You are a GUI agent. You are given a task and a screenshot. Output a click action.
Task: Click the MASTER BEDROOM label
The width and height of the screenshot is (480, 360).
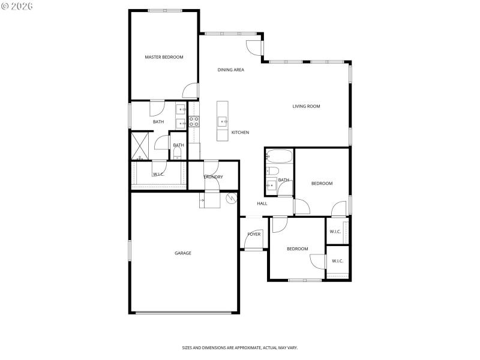(x=164, y=57)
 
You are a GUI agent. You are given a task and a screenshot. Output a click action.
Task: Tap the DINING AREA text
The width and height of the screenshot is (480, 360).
(x=230, y=70)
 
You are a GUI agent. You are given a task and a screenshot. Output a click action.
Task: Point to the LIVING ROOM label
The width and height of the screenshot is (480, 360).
(x=306, y=106)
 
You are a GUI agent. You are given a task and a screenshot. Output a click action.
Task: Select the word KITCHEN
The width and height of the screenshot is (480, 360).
(x=240, y=133)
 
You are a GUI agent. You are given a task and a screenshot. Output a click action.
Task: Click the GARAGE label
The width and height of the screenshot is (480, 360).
(x=183, y=253)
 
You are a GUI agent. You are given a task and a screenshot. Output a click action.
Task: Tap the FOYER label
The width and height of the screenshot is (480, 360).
(x=254, y=234)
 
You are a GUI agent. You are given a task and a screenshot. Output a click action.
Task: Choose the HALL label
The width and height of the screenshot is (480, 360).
(x=262, y=204)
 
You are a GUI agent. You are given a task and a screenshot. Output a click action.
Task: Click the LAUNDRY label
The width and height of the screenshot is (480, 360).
(x=213, y=177)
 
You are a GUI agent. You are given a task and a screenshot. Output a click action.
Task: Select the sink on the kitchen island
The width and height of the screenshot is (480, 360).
(x=223, y=121)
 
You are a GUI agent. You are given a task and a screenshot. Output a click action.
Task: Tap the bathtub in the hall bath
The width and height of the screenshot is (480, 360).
(x=279, y=157)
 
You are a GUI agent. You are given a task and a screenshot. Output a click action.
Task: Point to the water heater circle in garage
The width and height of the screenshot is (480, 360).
(x=232, y=197)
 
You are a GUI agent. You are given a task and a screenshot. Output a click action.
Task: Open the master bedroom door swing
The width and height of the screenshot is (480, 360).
(x=191, y=90)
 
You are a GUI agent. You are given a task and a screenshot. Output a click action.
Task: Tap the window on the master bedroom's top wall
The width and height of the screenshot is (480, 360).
(x=166, y=10)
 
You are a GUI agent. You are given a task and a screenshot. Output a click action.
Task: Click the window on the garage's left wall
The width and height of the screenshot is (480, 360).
(x=130, y=250)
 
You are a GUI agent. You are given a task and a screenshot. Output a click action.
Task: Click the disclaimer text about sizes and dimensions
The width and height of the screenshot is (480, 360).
(x=240, y=347)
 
